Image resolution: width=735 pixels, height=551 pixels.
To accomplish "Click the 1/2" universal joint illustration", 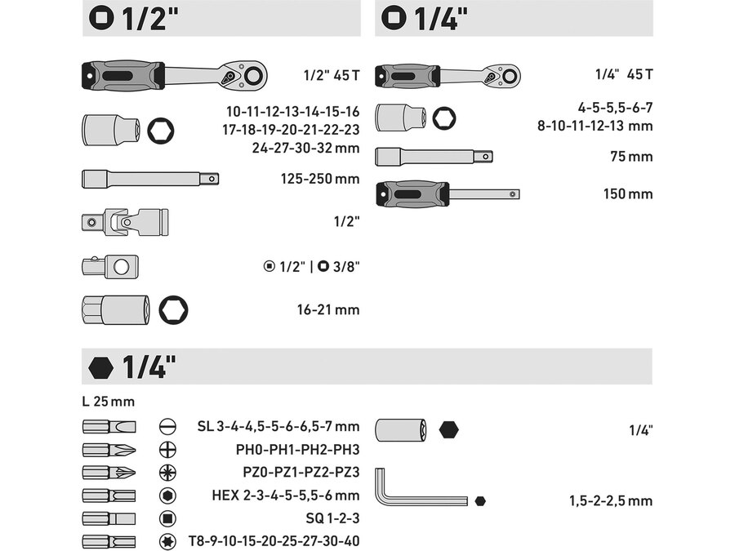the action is point(125,221).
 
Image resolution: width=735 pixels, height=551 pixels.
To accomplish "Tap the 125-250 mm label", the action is point(319,179).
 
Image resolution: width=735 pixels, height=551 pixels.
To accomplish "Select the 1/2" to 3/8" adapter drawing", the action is point(110,267).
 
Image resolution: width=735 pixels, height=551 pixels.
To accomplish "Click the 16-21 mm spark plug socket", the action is point(116,309).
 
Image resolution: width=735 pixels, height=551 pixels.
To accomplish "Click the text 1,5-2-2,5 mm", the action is point(611,501).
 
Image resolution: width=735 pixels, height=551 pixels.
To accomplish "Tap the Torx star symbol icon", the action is point(167,542).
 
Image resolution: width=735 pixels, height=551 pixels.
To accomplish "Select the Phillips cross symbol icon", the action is point(167,450).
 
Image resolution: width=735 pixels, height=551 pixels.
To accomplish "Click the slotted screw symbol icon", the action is point(167,426).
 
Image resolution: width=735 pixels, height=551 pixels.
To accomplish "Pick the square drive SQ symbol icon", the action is point(167,518).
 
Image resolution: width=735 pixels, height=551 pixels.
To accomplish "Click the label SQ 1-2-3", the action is point(332,518).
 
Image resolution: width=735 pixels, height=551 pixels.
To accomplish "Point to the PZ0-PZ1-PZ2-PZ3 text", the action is point(301,472).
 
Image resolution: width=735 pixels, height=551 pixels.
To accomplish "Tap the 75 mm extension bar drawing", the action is point(434,157).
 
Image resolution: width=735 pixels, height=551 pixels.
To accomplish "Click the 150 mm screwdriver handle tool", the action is point(448,194).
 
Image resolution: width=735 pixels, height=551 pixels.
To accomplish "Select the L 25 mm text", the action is point(109,402).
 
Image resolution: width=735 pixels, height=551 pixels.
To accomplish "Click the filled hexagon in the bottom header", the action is point(100,367).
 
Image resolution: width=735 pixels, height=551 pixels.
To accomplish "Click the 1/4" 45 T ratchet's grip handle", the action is point(408,77).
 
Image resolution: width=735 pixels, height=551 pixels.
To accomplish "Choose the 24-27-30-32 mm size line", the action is point(305,148).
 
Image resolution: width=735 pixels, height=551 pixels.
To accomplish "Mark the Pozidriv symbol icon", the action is point(167,473).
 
